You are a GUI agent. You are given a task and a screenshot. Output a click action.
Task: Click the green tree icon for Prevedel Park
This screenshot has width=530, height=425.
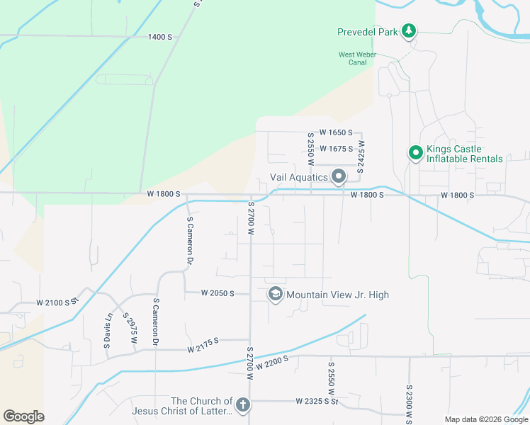click(x=408, y=31)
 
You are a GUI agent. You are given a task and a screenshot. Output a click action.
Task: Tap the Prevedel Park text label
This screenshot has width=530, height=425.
click(x=367, y=31)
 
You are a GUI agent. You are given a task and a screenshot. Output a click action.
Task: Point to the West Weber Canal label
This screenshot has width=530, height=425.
click(x=352, y=59)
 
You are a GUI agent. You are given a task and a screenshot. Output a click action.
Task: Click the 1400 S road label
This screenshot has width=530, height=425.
click(x=160, y=37)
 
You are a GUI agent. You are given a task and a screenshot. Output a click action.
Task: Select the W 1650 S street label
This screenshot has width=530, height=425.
click(x=335, y=132)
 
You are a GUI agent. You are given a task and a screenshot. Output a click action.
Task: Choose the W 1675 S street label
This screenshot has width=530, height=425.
click(x=336, y=149)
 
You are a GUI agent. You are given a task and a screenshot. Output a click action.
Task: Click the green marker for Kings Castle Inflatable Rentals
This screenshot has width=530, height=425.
click(x=415, y=154)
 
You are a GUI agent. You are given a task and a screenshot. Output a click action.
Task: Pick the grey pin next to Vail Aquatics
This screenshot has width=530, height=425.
click(x=339, y=176)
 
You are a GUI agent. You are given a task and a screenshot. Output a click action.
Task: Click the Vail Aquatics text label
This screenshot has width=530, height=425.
click(x=298, y=177)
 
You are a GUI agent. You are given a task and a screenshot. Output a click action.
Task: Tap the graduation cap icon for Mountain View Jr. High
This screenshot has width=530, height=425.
click(x=275, y=295)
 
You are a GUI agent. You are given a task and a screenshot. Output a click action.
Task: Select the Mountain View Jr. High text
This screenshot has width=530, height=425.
click(x=337, y=295)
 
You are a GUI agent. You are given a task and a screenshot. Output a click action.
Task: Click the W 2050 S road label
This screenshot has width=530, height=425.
click(x=217, y=293)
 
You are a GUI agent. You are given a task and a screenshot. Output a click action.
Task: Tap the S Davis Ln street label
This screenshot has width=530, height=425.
click(x=108, y=329)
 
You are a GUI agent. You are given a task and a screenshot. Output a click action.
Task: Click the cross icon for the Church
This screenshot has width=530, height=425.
click(x=242, y=406)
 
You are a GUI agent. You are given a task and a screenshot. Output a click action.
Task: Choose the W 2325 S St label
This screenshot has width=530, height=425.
click(x=318, y=402)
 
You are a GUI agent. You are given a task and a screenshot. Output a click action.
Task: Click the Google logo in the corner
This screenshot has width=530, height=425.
click(x=23, y=416)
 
